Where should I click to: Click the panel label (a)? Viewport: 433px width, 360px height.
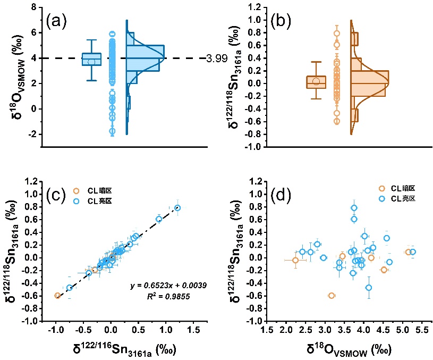[56, 21]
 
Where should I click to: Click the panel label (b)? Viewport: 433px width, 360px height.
[281, 21]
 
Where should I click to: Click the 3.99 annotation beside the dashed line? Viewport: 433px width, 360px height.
[217, 58]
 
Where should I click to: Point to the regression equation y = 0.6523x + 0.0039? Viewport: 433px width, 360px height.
[168, 286]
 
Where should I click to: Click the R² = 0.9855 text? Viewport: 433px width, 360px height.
[168, 296]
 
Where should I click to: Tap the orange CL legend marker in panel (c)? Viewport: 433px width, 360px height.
[76, 191]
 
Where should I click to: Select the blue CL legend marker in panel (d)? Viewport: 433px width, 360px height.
[382, 198]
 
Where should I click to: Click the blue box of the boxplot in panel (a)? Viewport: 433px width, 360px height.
[91, 59]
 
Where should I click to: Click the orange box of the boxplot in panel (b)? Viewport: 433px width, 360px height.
[316, 82]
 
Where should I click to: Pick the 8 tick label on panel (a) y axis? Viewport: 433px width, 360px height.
[34, 7]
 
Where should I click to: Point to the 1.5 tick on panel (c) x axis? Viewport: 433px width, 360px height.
[193, 330]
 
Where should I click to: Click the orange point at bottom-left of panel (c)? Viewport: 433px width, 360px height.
[57, 296]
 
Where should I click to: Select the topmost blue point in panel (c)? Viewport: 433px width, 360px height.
[177, 207]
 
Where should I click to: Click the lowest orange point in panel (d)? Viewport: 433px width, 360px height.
[332, 296]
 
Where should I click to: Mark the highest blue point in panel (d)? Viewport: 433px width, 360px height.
[354, 207]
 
